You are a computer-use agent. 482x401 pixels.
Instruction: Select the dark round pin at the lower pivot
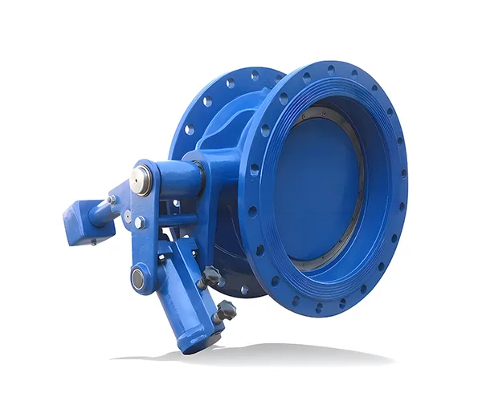(x=138, y=278)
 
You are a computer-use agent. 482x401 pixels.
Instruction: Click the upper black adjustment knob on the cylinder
(x=211, y=277)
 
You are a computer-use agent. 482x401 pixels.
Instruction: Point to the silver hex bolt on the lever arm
(x=140, y=222)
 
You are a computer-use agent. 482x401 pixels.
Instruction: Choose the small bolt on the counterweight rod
(x=111, y=200)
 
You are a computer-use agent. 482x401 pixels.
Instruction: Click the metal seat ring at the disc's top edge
(x=321, y=111)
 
